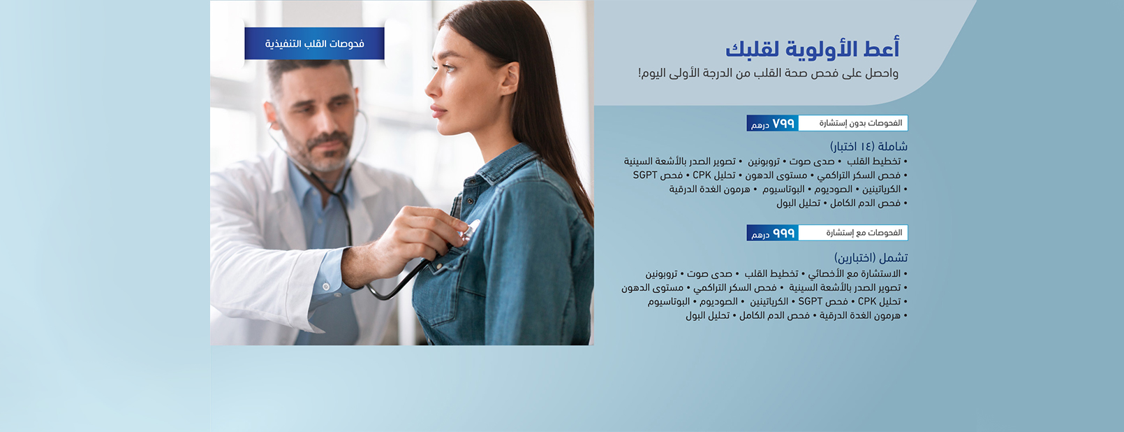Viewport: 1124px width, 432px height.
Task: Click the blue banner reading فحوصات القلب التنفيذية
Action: point(315,44)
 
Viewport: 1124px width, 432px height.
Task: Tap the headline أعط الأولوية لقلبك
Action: point(813,49)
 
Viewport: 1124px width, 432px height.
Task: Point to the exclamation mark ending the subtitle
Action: point(639,74)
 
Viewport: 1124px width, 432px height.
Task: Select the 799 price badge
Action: point(773,123)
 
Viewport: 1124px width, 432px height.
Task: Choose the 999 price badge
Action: point(773,233)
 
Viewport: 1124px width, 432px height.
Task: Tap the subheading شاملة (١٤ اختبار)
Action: point(868,147)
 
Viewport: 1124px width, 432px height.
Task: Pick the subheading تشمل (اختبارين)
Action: point(871,258)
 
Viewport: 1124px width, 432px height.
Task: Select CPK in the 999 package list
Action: point(867,301)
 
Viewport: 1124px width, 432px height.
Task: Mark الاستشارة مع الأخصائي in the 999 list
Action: point(855,274)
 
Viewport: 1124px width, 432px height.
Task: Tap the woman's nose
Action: point(431,88)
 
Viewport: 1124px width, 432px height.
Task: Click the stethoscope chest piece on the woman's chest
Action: point(470,231)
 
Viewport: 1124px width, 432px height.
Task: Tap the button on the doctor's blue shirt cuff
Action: point(325,287)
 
